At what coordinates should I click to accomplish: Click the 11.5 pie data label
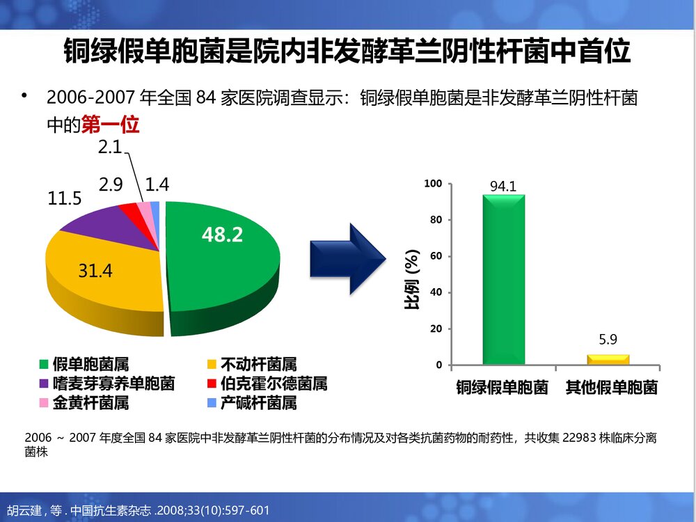pos(65,198)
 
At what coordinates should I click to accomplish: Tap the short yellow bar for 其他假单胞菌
pos(608,359)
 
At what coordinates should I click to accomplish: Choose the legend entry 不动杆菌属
pos(258,364)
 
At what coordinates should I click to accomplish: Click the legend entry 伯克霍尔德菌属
pos(274,383)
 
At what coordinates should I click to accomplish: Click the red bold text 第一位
pos(111,125)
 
